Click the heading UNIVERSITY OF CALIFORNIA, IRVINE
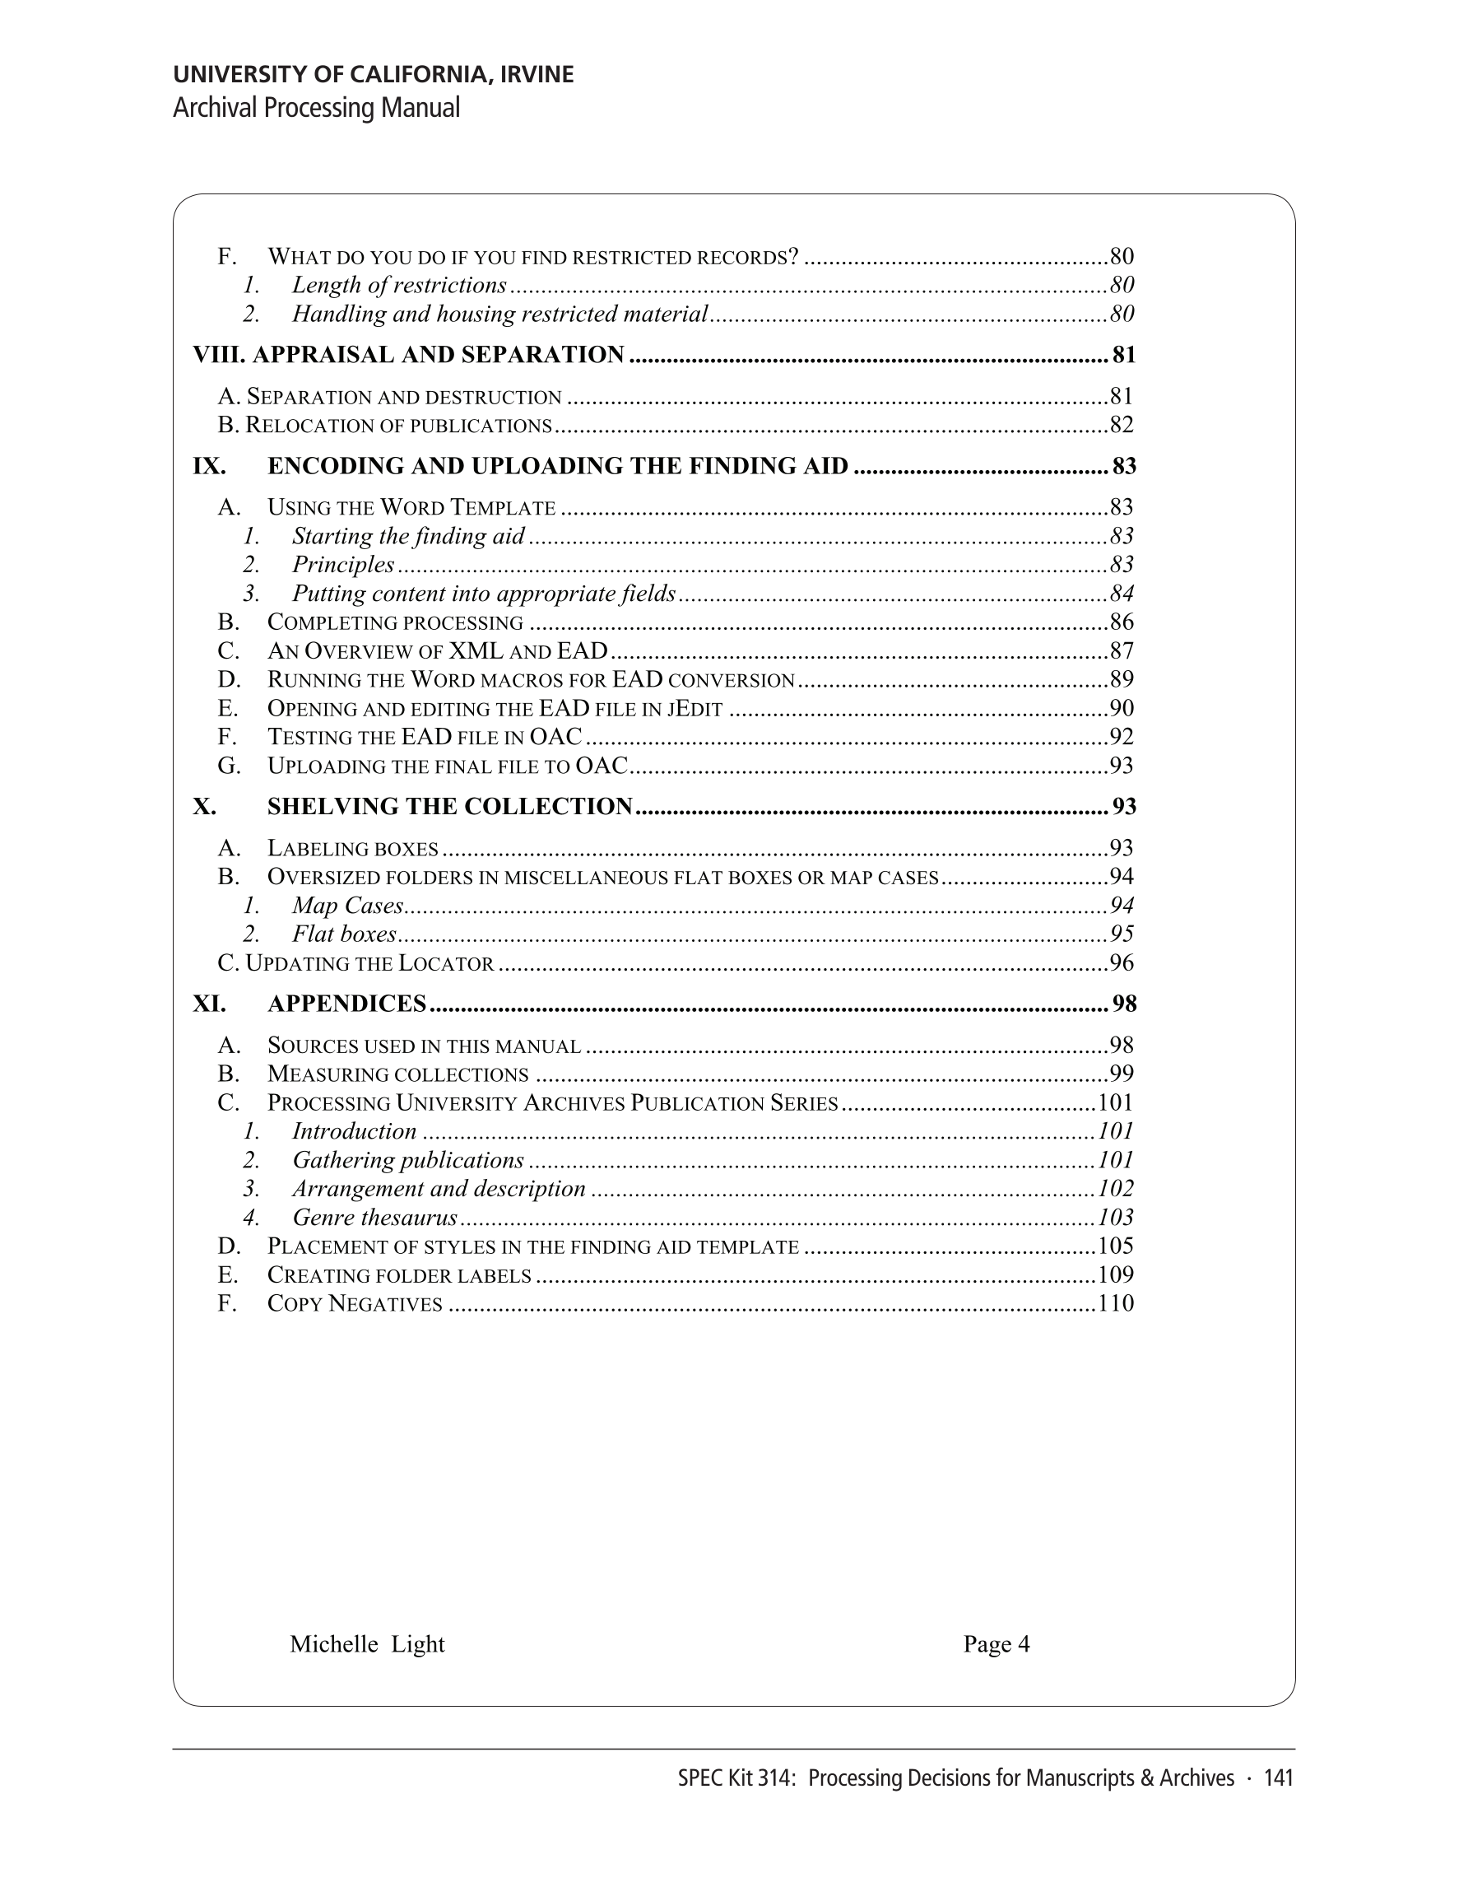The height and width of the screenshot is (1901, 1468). coord(374,75)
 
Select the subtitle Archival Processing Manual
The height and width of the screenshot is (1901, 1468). coord(317,108)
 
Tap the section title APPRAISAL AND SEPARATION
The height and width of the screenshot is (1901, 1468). coord(438,355)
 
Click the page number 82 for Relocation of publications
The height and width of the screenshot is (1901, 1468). coord(1122,425)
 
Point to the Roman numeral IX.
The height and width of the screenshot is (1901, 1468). coord(209,467)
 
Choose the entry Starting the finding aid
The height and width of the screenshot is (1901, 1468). coord(408,536)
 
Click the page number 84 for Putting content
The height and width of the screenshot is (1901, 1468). coord(1122,594)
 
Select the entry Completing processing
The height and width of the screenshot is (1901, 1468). coord(395,622)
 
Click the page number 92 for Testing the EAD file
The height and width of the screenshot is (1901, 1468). coord(1122,737)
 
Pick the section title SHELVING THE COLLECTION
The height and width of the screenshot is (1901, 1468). coord(450,807)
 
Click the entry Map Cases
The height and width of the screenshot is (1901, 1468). coord(347,906)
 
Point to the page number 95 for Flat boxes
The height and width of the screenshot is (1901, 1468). coord(1122,934)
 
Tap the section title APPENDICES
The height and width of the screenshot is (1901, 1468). coord(346,1004)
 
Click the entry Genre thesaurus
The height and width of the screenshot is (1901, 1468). coord(374,1217)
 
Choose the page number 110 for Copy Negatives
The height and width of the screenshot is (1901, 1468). coord(1117,1303)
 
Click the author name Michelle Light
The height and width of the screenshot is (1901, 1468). coord(366,1644)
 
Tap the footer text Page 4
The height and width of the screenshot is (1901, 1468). coord(996,1644)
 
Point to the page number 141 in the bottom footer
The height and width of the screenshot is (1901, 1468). coord(1278,1778)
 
